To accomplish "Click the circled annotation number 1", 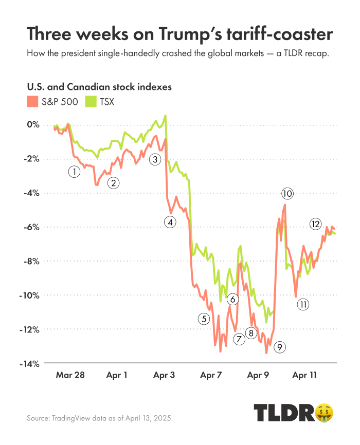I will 74,172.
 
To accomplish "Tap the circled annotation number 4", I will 170,222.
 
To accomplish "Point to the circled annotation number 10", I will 287,194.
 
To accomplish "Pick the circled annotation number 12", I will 315,224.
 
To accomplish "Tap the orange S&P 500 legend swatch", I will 32,101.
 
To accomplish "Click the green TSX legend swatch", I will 91,101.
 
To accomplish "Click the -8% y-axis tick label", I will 32,261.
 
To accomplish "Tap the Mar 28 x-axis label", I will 69,376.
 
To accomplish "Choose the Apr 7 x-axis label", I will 211,376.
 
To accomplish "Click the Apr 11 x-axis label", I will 304,376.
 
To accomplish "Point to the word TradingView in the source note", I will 72,418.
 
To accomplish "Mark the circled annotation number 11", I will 303,304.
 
